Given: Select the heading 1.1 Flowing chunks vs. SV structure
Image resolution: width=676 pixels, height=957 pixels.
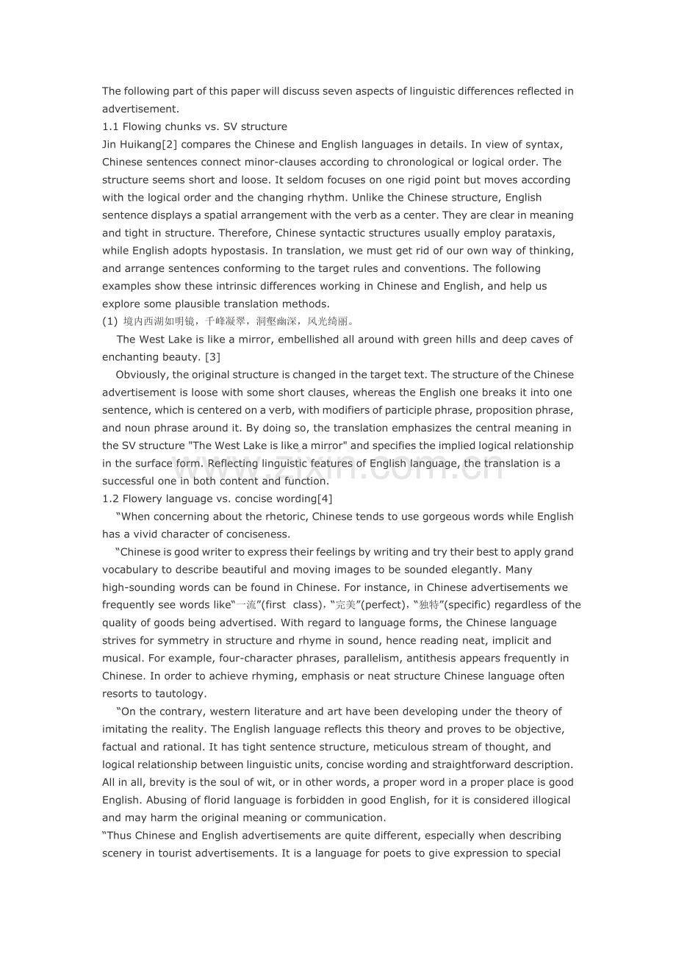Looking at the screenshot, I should pos(195,126).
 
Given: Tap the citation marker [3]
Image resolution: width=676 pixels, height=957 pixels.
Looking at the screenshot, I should pos(212,357).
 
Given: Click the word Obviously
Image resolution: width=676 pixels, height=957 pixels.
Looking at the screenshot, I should pos(141,375).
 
